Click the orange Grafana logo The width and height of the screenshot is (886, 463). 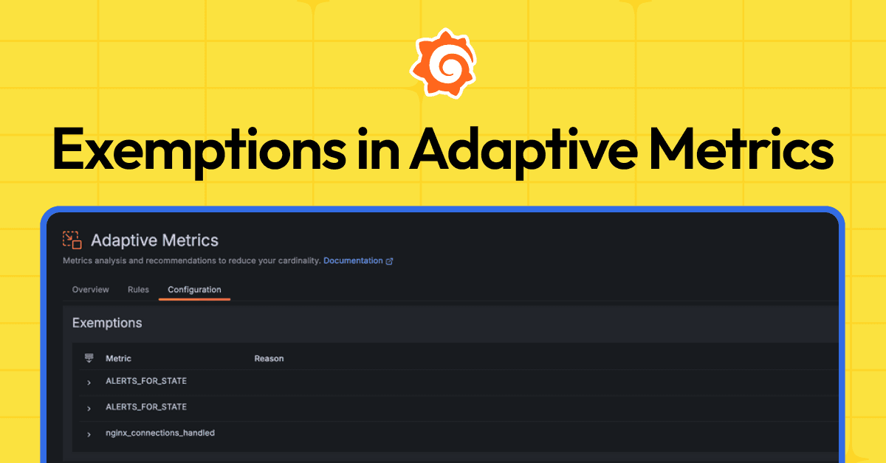(x=443, y=63)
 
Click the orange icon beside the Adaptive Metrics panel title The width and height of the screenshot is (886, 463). (x=72, y=240)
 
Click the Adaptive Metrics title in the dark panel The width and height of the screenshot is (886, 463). (x=154, y=240)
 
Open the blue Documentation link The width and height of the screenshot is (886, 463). (x=353, y=261)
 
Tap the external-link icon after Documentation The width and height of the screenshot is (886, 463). (x=390, y=261)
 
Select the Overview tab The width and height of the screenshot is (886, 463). (x=90, y=290)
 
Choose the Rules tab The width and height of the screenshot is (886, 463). (x=138, y=290)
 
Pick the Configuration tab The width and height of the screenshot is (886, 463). (x=194, y=290)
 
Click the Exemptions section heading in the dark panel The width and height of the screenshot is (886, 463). (x=107, y=323)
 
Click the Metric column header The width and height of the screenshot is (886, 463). (x=118, y=358)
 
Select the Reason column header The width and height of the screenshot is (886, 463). (x=269, y=358)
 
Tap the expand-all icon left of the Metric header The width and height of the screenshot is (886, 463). (x=89, y=358)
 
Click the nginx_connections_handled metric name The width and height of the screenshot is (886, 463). (x=160, y=433)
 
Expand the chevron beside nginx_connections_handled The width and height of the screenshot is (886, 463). (x=89, y=434)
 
